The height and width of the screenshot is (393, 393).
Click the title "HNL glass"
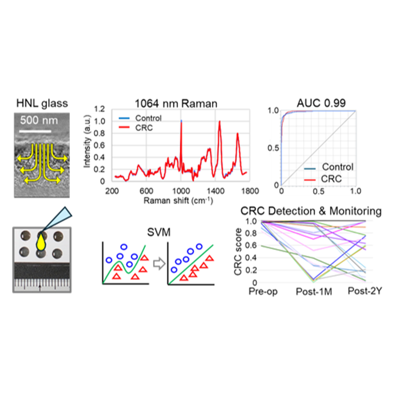click(42, 104)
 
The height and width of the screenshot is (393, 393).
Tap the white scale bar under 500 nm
click(35, 131)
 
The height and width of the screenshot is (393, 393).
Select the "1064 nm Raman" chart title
click(176, 104)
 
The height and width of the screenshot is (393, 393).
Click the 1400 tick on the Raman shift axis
click(215, 191)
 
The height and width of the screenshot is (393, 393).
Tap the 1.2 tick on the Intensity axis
click(100, 109)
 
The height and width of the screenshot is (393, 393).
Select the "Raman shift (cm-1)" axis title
click(178, 201)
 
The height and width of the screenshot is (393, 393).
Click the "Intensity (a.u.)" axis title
click(87, 141)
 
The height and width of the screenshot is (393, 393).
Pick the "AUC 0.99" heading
click(321, 103)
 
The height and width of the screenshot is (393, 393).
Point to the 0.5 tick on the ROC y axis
click(273, 148)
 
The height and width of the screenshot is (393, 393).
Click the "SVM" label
click(159, 232)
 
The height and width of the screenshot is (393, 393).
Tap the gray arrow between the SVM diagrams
click(159, 264)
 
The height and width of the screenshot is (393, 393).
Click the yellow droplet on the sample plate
click(41, 242)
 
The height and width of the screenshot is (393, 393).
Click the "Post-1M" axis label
click(314, 292)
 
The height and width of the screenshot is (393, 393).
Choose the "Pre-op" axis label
click(263, 292)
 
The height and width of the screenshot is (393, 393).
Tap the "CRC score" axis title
click(238, 252)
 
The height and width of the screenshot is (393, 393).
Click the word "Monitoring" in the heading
click(355, 212)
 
